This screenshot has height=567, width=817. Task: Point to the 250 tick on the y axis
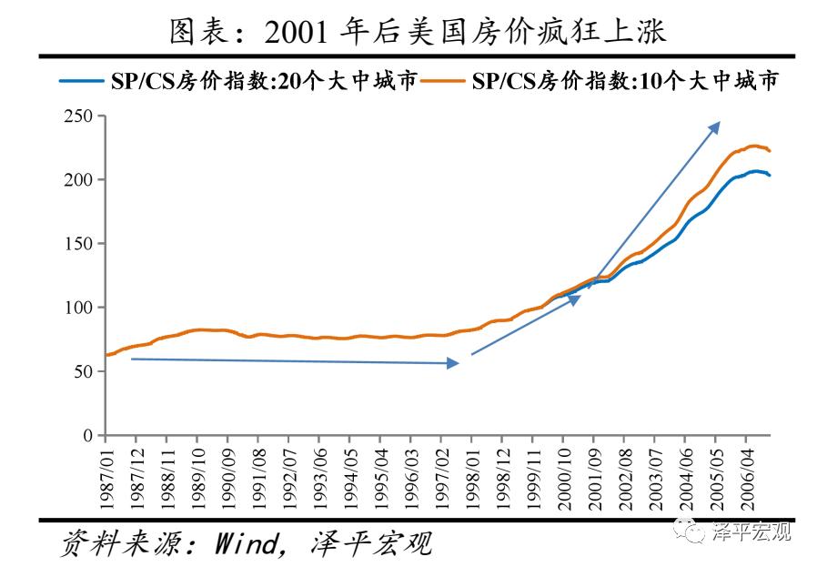[78, 116]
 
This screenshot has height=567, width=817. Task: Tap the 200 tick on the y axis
[78, 180]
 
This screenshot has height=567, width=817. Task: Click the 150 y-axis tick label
[78, 244]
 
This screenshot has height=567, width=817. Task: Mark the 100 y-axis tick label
[78, 308]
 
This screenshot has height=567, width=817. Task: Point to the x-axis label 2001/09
[594, 472]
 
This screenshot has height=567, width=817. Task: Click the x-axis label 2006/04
[747, 472]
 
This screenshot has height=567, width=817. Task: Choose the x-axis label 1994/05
[350, 472]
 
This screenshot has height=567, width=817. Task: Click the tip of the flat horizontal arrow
[458, 363]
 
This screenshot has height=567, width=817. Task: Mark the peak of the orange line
[753, 145]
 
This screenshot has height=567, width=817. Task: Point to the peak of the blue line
[756, 170]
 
